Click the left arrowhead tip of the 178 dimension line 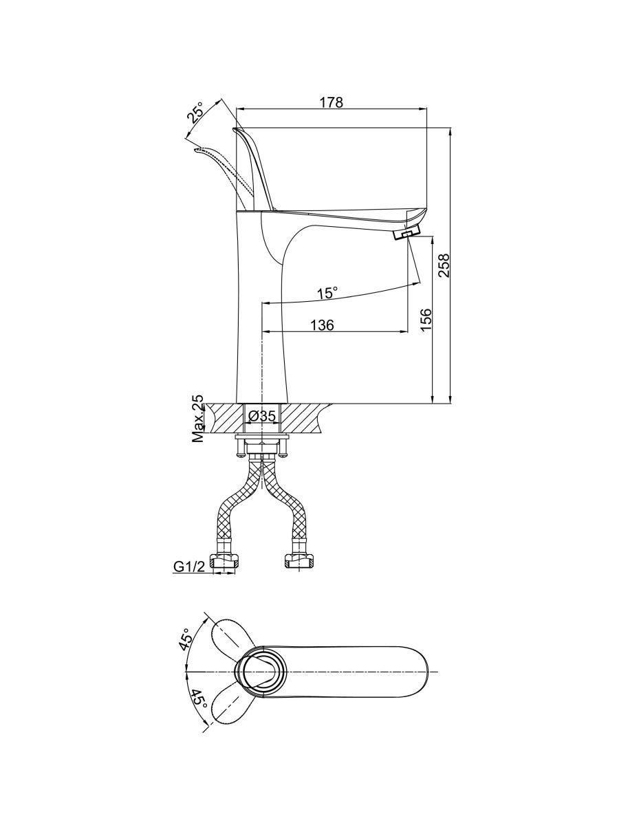236,109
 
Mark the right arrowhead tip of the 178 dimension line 428,109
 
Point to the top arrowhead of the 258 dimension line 451,128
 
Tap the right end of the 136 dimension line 408,331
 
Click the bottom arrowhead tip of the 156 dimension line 433,404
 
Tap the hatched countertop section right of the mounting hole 305,418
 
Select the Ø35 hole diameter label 262,416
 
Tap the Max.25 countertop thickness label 197,418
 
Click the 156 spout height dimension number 425,320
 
